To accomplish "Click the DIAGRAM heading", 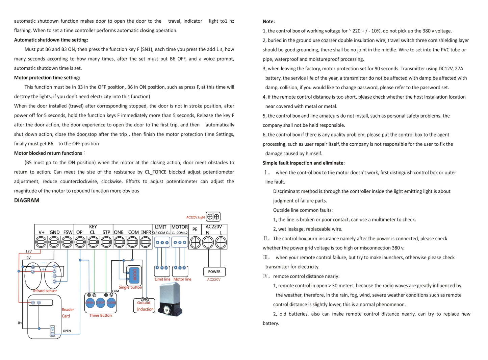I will pos(27,200).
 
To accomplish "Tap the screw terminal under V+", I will pos(41,242).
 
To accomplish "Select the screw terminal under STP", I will pos(106,242).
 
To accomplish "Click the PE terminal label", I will pos(195,229).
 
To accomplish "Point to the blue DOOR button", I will pos(134,274).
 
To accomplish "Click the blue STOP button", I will pos(101,303).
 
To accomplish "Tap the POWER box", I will pos(214,272).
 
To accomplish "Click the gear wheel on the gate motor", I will pos(166,310).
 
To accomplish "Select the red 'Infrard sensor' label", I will pos(45,291).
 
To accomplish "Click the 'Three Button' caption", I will pos(100,315).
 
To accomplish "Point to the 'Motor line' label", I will pos(182,279).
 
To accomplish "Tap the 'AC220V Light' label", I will pos(196,217).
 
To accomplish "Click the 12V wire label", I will pos(29,251).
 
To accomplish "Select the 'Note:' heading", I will pos(269,21).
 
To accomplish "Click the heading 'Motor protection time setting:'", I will pos(47,78).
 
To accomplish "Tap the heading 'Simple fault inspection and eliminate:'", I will pos(304,163).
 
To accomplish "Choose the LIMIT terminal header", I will pos(161,227).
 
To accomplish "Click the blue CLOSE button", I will pos(111,303).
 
